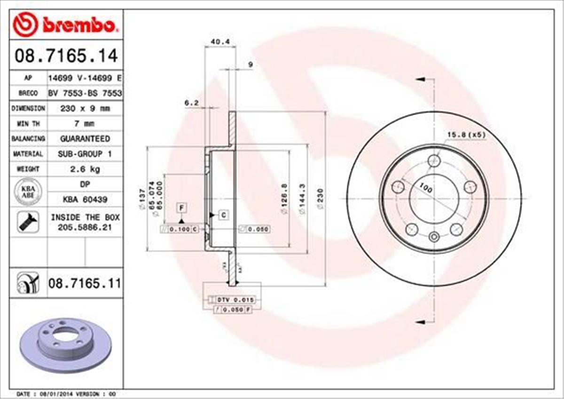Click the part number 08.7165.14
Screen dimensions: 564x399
(66, 56)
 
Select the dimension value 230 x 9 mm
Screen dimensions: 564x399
(85, 108)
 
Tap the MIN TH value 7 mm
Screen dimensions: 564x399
(85, 124)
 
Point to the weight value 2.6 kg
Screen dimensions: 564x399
(85, 168)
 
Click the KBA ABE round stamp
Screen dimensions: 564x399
(28, 192)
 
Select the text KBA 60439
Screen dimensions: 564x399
(85, 199)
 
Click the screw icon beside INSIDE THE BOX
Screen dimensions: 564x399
(28, 222)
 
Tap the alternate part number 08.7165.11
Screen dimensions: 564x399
(85, 283)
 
